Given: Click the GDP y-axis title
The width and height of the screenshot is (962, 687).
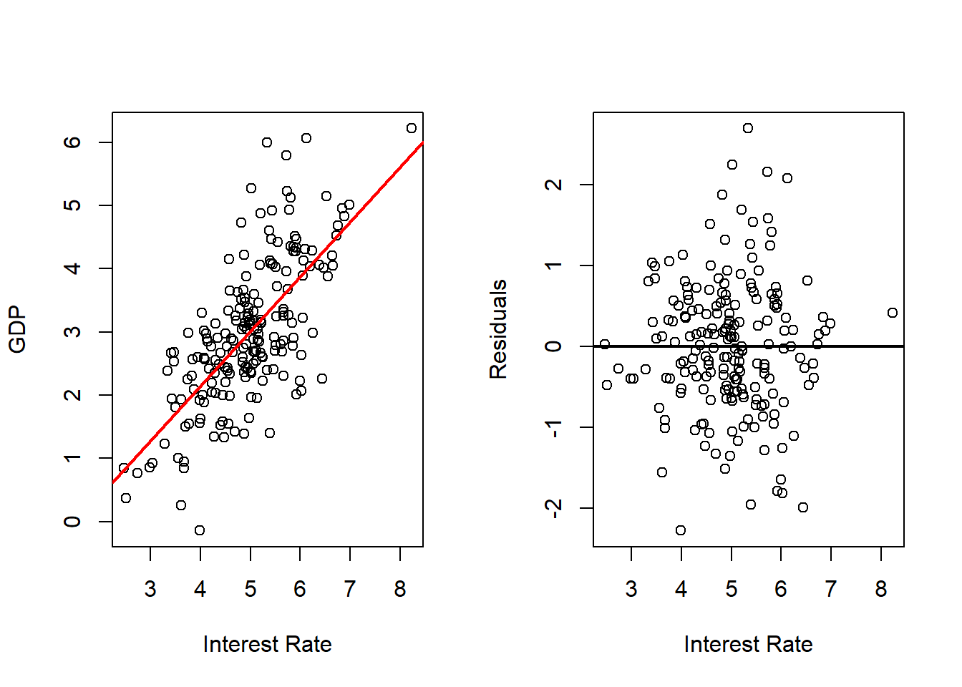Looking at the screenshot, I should click(x=17, y=329).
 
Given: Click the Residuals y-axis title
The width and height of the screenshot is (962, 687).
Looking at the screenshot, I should click(x=498, y=329).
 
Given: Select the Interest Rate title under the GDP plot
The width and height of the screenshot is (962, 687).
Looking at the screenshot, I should click(x=267, y=644).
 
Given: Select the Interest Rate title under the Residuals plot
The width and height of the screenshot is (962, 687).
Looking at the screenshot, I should click(x=748, y=644).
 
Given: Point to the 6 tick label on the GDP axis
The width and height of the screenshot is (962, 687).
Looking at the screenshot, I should click(x=72, y=142).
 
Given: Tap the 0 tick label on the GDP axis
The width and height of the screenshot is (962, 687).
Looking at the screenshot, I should click(x=72, y=521).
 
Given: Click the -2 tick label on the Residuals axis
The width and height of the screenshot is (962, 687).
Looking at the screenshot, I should click(x=553, y=508).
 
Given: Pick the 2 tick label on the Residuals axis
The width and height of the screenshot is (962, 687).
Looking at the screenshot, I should click(x=553, y=185).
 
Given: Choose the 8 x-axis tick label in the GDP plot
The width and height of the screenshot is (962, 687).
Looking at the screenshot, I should click(x=400, y=589).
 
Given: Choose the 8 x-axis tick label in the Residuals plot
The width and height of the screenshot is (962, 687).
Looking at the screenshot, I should click(x=881, y=589).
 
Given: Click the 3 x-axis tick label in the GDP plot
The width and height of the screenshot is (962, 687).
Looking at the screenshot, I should click(x=150, y=589).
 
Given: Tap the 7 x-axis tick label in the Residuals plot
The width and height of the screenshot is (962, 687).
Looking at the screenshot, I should click(x=831, y=589).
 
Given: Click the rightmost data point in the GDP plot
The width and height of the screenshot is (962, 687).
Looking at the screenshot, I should click(x=412, y=128).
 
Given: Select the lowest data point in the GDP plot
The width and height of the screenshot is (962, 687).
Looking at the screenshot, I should click(x=200, y=530).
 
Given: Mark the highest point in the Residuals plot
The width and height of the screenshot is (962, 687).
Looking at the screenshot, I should click(x=748, y=128).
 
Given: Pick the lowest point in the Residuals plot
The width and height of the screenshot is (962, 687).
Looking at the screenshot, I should click(x=681, y=530).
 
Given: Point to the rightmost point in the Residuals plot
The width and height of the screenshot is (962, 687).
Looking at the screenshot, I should click(x=893, y=313).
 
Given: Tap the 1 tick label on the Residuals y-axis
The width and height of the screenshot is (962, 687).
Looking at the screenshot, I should click(x=553, y=265).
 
